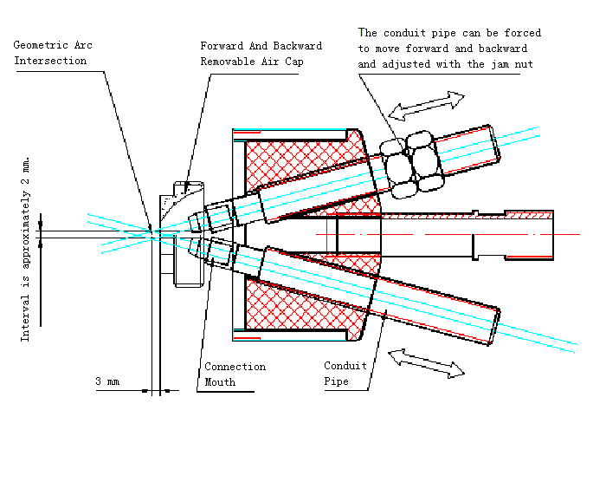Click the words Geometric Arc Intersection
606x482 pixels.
pyautogui.click(x=53, y=53)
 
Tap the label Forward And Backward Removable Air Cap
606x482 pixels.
pyautogui.click(x=261, y=54)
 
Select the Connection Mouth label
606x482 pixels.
pyautogui.click(x=235, y=374)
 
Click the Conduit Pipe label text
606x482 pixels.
pyautogui.click(x=345, y=374)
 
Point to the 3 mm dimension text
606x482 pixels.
pyautogui.click(x=107, y=381)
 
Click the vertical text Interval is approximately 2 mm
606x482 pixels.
pyautogui.click(x=25, y=249)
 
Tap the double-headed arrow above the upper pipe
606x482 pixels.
pyautogui.click(x=426, y=106)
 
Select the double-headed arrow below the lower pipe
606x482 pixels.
pyautogui.click(x=426, y=363)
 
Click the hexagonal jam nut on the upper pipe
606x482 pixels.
pyautogui.click(x=411, y=164)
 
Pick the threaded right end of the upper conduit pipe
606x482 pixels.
pyautogui.click(x=493, y=145)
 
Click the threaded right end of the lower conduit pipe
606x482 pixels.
pyautogui.click(x=494, y=325)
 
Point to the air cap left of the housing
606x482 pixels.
pyautogui.click(x=182, y=234)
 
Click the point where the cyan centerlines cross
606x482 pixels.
pyautogui.click(x=151, y=234)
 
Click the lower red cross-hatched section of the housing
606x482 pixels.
pyautogui.click(x=306, y=306)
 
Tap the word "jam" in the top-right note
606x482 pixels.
pyautogui.click(x=500, y=64)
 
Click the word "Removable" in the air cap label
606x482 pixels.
pyautogui.click(x=228, y=62)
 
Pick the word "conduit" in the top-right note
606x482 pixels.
pyautogui.click(x=404, y=33)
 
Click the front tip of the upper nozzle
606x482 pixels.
pyautogui.click(x=190, y=222)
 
